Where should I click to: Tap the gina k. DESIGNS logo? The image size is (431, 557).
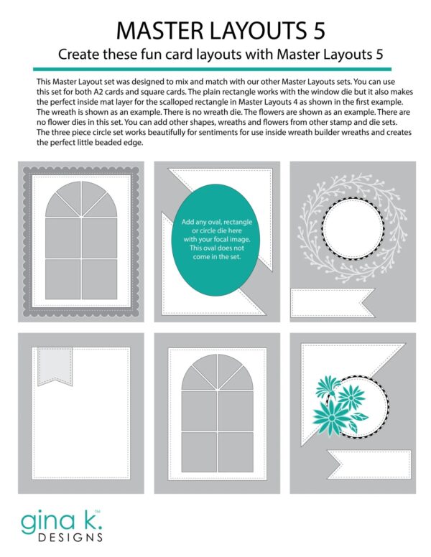60,524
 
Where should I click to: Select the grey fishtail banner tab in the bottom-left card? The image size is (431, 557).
50,365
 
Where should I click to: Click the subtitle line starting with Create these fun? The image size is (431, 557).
215,55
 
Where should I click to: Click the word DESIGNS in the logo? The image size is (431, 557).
70,535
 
